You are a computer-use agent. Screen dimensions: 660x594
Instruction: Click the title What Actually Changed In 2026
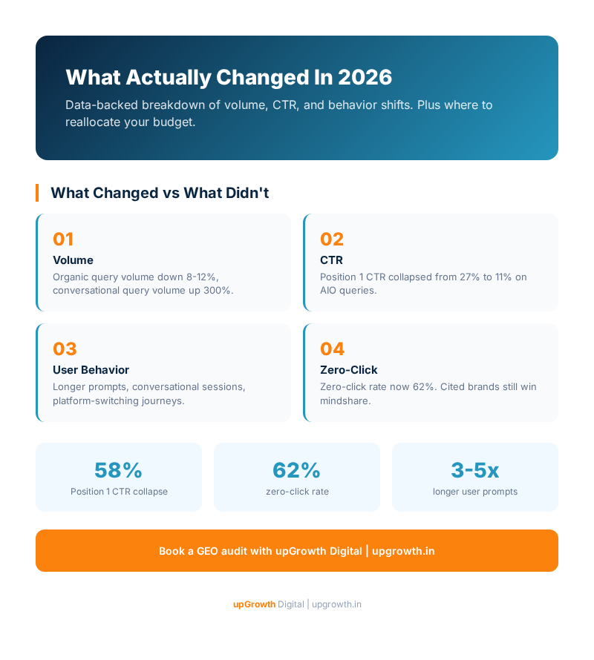coord(229,77)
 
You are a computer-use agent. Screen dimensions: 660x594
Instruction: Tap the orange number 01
coord(63,240)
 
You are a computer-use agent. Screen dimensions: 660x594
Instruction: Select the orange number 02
coord(332,240)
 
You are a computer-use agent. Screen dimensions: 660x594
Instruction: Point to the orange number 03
coord(65,349)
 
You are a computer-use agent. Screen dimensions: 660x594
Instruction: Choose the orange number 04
coord(333,349)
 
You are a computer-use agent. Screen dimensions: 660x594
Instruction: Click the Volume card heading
coord(73,260)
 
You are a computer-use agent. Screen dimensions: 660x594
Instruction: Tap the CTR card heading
coord(331,260)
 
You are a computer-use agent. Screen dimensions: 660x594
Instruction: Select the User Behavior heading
coord(91,370)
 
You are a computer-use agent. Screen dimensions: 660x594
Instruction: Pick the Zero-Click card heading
coord(348,370)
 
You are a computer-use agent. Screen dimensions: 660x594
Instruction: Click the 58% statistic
coord(118,470)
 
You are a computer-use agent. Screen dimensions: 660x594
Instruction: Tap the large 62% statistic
coord(296,470)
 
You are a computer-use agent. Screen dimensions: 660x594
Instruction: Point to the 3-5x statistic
coord(474,470)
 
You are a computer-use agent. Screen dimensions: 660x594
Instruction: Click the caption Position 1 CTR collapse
coord(119,492)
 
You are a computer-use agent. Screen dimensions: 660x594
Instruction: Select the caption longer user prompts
coord(474,492)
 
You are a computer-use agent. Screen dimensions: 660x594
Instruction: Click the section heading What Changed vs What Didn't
coord(159,193)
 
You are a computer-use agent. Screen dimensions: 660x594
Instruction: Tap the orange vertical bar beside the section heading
coord(37,193)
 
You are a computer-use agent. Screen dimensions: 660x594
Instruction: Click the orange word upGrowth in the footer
coord(254,604)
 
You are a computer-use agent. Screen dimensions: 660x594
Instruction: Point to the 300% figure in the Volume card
coord(218,291)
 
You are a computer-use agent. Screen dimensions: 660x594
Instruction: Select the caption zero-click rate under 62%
coord(297,492)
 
